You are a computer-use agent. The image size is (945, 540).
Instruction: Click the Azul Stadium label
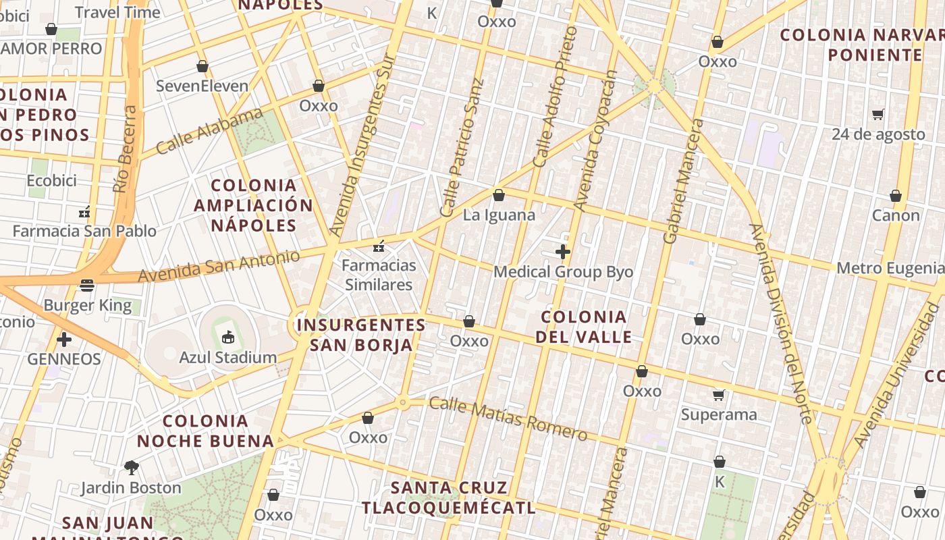227,357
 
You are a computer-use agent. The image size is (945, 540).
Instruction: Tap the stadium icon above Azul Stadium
227,336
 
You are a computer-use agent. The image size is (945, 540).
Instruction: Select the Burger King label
87,305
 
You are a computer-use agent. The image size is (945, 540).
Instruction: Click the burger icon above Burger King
87,286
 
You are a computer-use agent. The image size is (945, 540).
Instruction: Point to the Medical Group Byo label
563,272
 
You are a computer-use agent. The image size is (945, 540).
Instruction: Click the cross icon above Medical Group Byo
563,252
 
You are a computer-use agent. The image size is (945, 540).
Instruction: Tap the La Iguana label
499,215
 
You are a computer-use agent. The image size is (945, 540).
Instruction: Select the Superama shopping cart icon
719,395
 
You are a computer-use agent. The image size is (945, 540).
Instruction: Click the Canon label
896,215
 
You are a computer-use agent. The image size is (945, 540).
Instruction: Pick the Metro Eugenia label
890,268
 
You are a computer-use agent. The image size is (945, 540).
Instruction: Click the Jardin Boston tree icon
132,467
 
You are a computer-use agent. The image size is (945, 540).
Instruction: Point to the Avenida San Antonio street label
219,267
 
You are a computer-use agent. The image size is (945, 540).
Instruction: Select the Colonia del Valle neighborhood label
584,327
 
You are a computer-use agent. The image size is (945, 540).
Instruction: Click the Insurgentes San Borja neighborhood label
361,335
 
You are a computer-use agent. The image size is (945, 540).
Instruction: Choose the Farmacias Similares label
378,275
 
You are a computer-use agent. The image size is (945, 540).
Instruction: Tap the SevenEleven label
202,86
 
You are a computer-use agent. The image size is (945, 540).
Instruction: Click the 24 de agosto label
878,134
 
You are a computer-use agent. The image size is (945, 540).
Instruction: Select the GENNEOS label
64,359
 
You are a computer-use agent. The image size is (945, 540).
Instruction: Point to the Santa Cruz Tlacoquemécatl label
448,497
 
